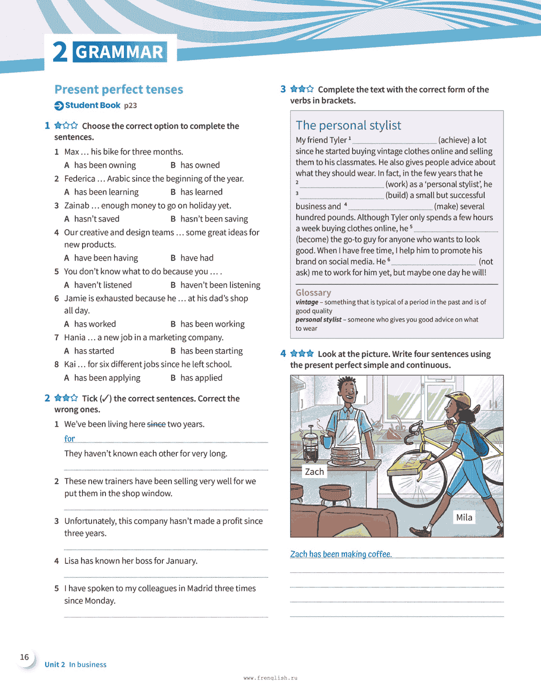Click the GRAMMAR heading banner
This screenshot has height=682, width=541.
point(119,52)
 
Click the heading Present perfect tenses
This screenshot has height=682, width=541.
point(119,89)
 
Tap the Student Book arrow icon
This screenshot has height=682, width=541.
point(59,106)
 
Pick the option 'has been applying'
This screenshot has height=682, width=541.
point(107,378)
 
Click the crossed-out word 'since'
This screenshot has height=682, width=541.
point(156,424)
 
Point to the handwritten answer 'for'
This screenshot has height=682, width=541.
point(69,438)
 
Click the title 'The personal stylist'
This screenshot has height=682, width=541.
point(348,125)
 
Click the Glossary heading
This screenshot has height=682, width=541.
point(313,293)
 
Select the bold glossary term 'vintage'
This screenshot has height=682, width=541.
point(307,302)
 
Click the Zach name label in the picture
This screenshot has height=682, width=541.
point(314,472)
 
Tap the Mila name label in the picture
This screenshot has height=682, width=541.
point(464,517)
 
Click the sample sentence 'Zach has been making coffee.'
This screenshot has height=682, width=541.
point(341,554)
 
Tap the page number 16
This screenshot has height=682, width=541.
point(24,657)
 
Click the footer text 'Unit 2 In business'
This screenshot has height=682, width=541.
point(75,664)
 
